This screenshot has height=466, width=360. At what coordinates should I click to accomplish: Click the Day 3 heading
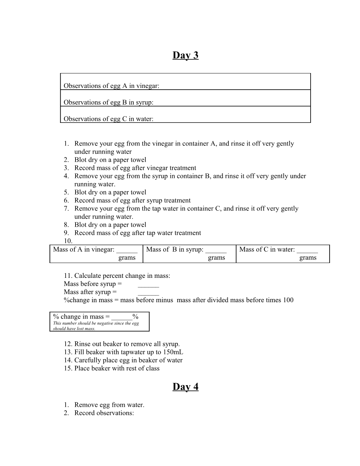[x=185, y=55]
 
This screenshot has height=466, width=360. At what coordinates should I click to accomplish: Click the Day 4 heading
[x=185, y=387]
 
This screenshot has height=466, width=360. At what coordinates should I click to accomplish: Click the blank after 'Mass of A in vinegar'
[x=127, y=250]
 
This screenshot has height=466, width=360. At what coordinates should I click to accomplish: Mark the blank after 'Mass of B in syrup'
[x=216, y=250]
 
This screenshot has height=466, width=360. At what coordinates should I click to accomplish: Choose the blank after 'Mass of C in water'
[x=307, y=250]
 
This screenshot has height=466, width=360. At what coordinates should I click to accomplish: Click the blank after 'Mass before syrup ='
[x=148, y=285]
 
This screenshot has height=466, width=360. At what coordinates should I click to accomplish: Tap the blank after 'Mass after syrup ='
[x=148, y=293]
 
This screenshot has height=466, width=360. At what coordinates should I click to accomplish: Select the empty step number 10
[x=68, y=241]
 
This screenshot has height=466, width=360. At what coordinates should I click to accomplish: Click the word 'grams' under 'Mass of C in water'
[x=308, y=258]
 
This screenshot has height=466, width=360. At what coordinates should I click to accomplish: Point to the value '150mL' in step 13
[x=174, y=352]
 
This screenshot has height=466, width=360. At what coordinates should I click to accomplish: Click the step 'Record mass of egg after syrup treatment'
[x=132, y=201]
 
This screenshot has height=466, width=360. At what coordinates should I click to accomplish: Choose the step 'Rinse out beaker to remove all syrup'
[x=127, y=344]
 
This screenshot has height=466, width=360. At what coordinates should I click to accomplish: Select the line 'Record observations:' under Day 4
[x=104, y=413]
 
